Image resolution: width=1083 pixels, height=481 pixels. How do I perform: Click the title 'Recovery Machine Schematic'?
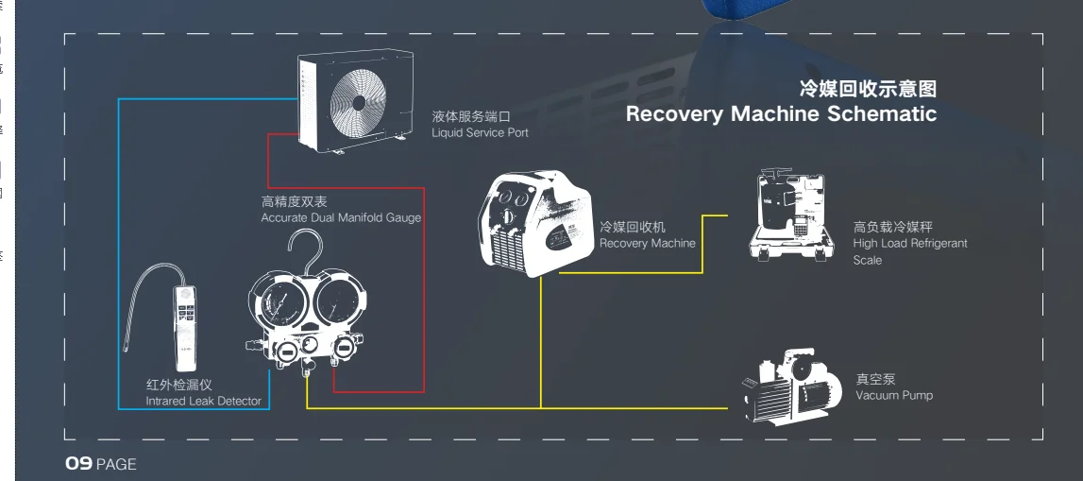(781, 114)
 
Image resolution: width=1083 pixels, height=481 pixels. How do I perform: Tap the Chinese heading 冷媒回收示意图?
(868, 90)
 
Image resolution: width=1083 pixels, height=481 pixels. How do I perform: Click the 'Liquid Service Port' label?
(480, 133)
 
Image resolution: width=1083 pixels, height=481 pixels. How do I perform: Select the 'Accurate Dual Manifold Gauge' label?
(341, 218)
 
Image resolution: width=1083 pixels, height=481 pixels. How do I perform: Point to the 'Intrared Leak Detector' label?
(203, 402)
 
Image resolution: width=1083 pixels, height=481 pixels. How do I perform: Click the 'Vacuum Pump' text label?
(893, 395)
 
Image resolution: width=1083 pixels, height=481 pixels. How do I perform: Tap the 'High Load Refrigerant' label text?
(910, 244)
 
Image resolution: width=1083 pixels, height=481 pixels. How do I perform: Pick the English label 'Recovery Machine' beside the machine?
(647, 244)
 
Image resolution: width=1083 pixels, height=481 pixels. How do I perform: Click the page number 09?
(77, 464)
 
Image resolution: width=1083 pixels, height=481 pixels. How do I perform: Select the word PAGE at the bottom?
(116, 465)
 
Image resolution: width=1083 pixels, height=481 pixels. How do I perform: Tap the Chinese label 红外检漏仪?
(178, 386)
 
